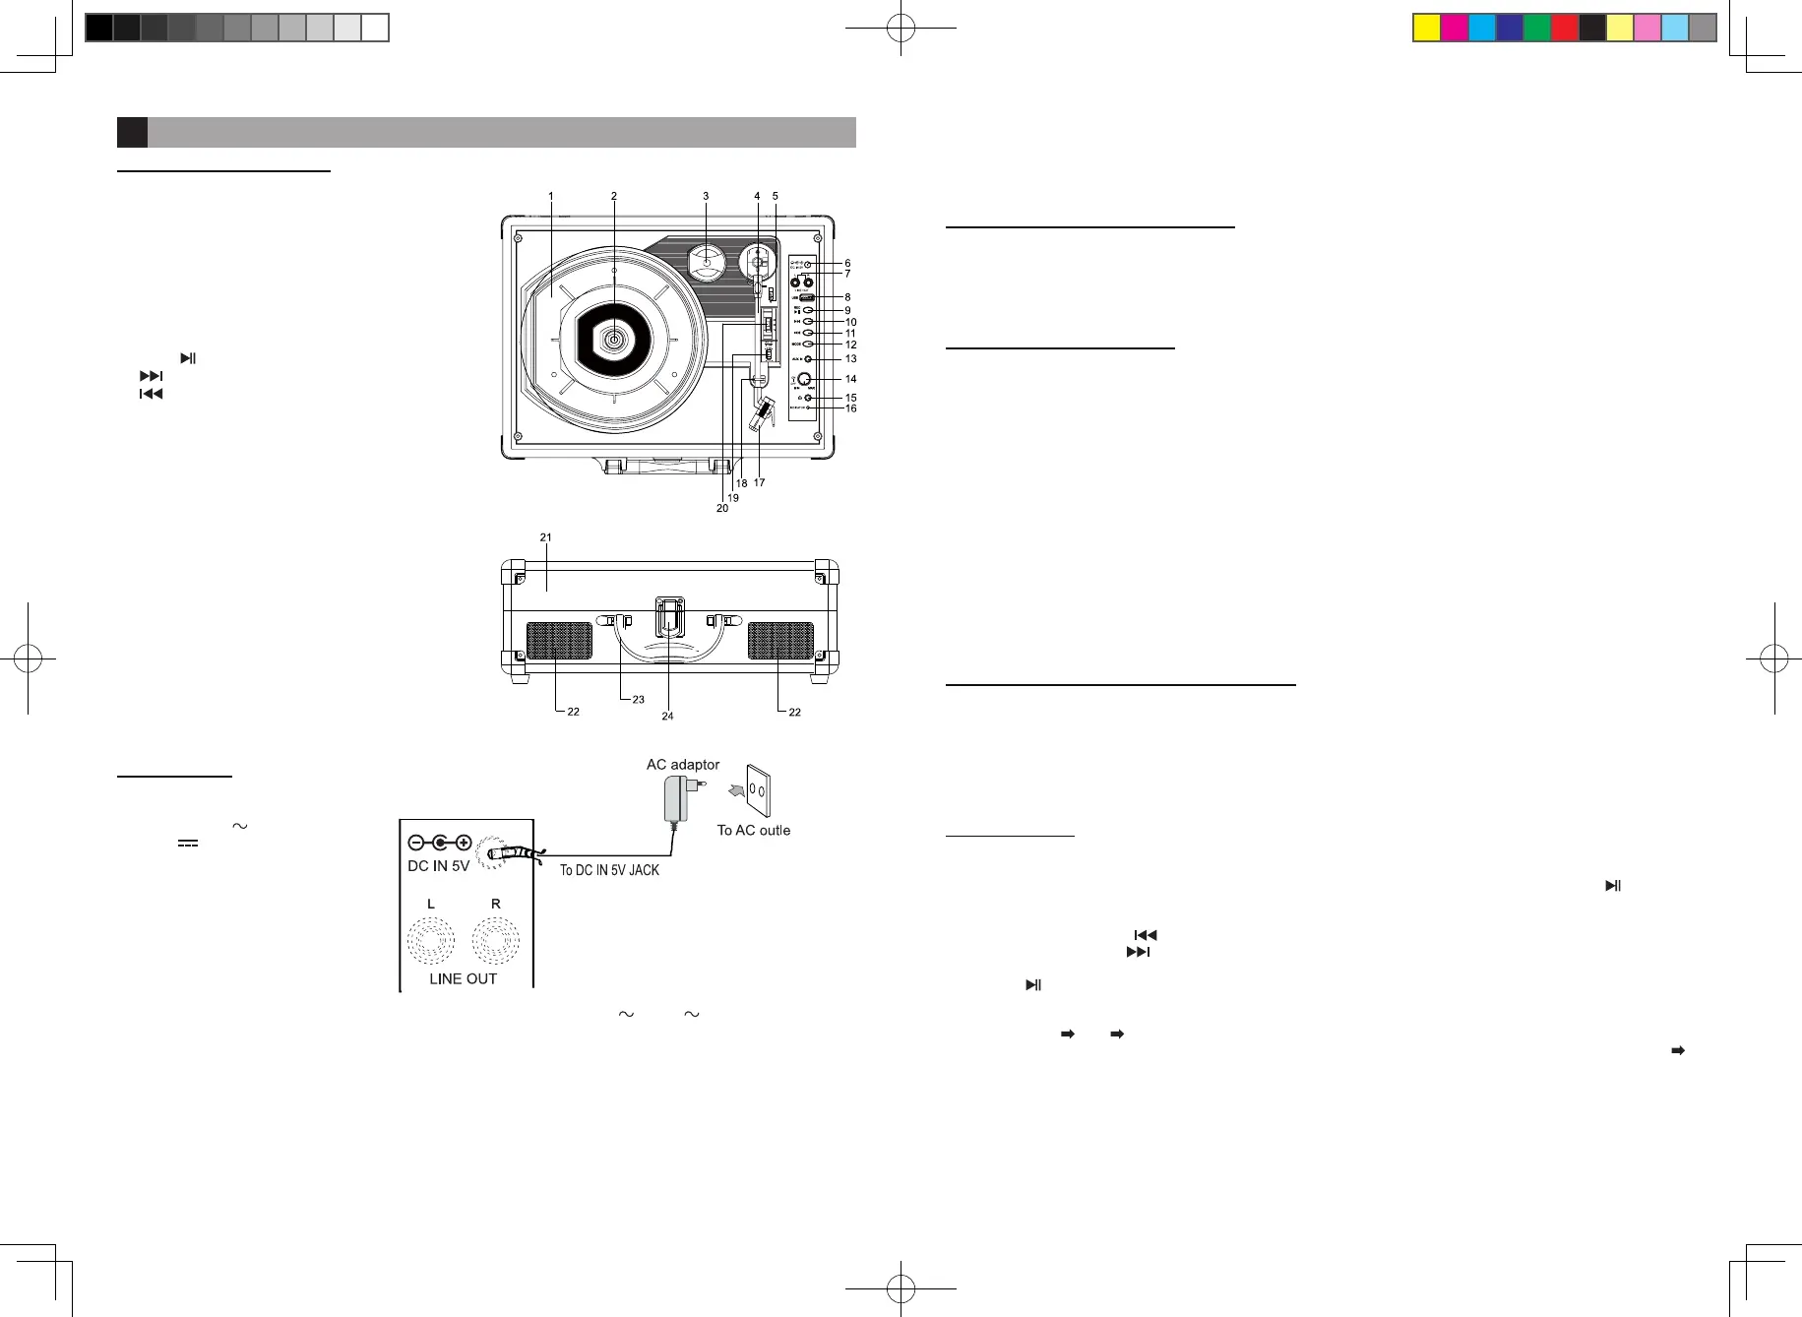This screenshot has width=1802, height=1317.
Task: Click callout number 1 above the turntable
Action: tap(551, 196)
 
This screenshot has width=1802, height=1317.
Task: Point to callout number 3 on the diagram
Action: tap(706, 196)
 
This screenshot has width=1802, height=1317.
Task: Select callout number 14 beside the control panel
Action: tap(850, 379)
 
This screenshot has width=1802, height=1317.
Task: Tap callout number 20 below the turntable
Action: tap(722, 508)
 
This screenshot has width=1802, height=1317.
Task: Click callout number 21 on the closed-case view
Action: tap(545, 537)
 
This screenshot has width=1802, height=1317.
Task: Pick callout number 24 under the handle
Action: tap(667, 716)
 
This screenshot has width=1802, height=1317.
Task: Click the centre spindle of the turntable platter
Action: tap(614, 340)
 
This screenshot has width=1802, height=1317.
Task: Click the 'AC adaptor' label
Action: tap(682, 764)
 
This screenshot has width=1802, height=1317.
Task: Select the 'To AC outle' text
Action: tap(753, 830)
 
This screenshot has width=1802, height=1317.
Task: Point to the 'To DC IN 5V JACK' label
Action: tap(609, 870)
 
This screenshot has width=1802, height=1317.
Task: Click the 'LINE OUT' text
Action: tap(463, 978)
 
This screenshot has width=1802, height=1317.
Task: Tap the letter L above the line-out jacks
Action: tap(431, 904)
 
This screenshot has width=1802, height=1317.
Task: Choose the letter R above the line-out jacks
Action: tap(496, 904)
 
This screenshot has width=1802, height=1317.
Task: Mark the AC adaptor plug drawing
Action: tap(679, 798)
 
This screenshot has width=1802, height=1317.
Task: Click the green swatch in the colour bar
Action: tap(1536, 28)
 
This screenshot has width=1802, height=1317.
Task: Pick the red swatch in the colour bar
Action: tap(1564, 28)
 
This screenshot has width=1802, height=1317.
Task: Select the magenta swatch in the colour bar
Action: tap(1454, 28)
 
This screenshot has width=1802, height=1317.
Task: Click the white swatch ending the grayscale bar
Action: tap(375, 28)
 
